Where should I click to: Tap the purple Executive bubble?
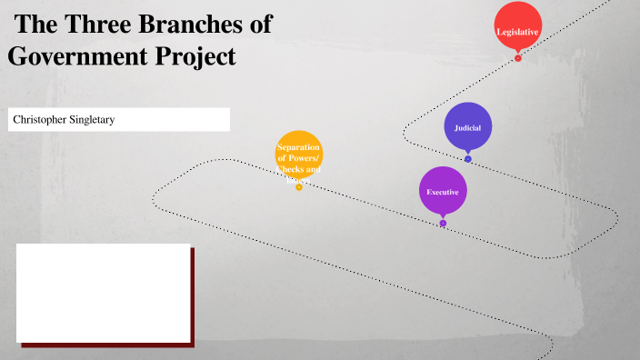[x=443, y=189]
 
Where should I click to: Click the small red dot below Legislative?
[x=518, y=58]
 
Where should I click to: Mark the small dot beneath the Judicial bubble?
[x=468, y=159]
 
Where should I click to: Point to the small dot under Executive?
[x=443, y=223]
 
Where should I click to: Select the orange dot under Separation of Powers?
[x=299, y=187]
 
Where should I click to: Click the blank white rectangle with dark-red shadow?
[x=104, y=293]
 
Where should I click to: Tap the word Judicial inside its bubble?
[x=468, y=127]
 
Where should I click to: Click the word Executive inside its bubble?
[x=443, y=192]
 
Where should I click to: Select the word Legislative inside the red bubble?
[x=517, y=32]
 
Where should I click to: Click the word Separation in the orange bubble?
[x=299, y=146]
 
